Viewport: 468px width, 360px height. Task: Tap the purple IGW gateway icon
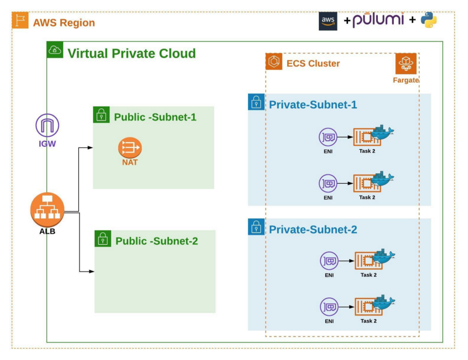coord(47,125)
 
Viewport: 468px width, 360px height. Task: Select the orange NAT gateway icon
coord(129,148)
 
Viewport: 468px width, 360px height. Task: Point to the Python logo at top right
coord(429,20)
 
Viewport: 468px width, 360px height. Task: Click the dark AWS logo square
coord(328,20)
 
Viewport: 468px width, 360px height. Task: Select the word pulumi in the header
coord(378,20)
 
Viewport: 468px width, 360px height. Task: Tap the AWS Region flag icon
coord(20,21)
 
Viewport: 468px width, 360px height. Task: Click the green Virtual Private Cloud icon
coord(55,50)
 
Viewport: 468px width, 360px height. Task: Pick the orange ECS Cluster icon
coord(274,61)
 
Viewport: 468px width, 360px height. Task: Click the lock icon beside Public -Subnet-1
coord(101,115)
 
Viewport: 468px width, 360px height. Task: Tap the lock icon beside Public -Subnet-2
coord(103,238)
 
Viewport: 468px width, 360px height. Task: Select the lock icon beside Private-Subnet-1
coord(256,102)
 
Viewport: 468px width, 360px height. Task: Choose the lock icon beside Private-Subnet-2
coord(256,227)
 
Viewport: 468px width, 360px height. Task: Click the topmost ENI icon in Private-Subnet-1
coord(328,138)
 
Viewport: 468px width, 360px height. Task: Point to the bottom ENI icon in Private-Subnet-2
coord(329,306)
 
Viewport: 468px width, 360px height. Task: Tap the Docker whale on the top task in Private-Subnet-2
coord(384,255)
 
